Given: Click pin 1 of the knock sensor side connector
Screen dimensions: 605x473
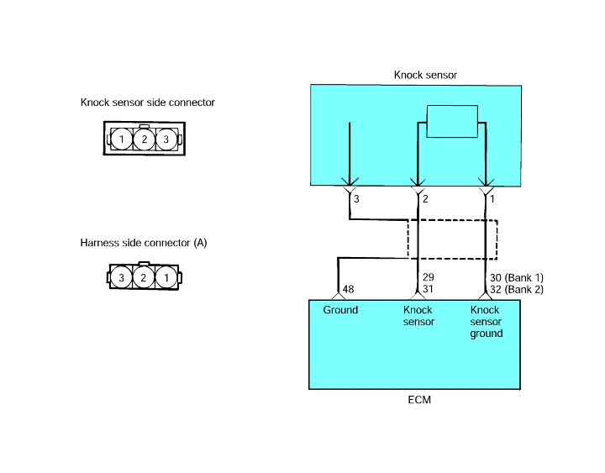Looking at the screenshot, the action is click(x=122, y=139).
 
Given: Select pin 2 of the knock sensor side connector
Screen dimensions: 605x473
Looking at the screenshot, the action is click(x=144, y=139).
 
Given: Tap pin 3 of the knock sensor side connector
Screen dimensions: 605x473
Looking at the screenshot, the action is click(x=166, y=139).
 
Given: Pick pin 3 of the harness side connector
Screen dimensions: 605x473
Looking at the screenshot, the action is click(x=121, y=277).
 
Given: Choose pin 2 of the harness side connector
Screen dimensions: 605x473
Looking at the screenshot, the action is click(x=144, y=277).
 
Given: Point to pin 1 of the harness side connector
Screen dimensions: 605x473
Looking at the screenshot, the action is click(x=166, y=277).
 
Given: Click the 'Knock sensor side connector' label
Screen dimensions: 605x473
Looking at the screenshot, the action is click(x=147, y=102).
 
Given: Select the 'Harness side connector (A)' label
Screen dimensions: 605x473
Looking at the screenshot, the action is click(x=144, y=243).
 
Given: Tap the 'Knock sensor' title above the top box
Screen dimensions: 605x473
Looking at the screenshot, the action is click(x=425, y=75).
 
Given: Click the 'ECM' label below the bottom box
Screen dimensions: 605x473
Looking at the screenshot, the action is click(x=419, y=400).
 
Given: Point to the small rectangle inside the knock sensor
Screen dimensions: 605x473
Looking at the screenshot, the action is click(x=452, y=121).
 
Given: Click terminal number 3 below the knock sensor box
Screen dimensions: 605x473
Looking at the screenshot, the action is click(x=356, y=198).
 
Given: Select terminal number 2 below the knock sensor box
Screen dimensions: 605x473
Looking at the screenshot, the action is click(x=425, y=198).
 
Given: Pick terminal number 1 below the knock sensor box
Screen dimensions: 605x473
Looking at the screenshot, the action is click(x=492, y=198).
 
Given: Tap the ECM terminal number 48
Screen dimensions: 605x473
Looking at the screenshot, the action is click(x=348, y=289).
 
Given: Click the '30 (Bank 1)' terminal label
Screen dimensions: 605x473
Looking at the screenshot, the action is click(x=517, y=278).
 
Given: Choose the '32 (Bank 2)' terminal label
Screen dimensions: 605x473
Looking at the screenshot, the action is click(x=517, y=289).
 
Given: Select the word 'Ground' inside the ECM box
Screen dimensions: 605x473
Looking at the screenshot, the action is click(x=340, y=310).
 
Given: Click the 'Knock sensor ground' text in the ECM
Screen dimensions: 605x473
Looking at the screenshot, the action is click(x=487, y=322).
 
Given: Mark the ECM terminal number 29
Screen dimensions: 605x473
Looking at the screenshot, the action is click(x=428, y=277).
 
